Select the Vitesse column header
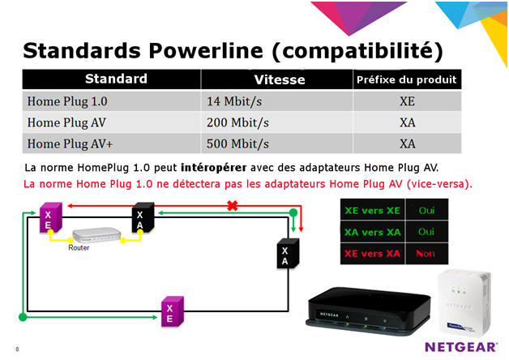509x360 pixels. [279, 80]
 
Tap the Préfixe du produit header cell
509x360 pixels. [407, 80]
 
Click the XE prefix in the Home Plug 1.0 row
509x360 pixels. [407, 102]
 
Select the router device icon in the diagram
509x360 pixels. [95, 235]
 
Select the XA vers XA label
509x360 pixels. [372, 231]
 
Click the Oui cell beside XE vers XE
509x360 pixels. [424, 209]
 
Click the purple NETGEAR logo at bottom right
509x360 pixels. [460, 346]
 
